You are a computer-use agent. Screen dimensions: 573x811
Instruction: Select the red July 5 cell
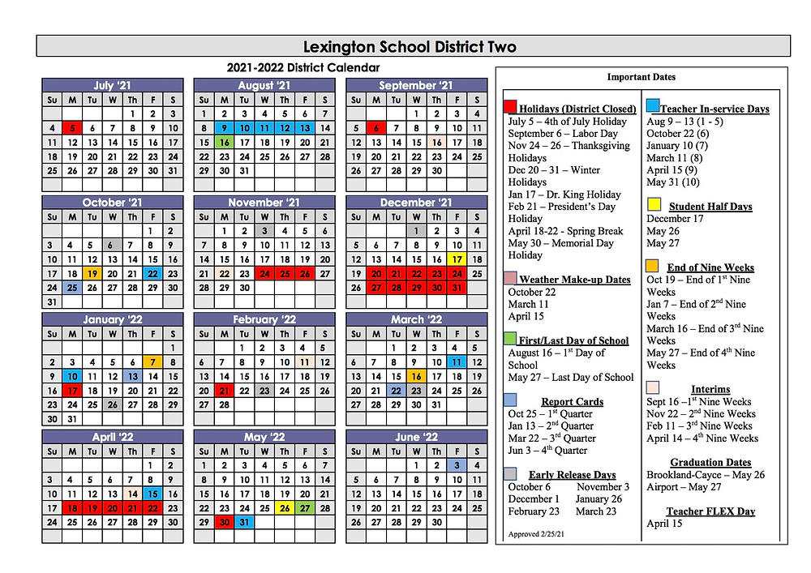point(72,128)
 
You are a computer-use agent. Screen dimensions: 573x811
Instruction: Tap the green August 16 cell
point(225,143)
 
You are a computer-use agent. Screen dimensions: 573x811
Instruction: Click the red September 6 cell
point(376,128)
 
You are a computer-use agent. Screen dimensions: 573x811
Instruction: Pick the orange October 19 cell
point(92,274)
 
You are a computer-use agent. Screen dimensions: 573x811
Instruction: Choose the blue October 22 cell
point(152,274)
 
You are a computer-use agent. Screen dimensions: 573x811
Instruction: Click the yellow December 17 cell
point(457,259)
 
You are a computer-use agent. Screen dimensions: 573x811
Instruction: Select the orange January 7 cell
point(152,362)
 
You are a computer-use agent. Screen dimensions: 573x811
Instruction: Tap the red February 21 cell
point(225,391)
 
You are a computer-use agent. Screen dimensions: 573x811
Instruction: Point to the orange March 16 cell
point(417,377)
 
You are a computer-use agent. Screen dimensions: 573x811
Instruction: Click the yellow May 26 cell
point(285,508)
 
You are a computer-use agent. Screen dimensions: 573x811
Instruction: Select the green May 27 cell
point(304,508)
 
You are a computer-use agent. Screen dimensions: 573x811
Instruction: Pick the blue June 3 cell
point(457,465)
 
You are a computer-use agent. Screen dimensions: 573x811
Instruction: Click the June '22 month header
point(416,437)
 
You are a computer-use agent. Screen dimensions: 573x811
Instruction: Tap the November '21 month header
point(264,203)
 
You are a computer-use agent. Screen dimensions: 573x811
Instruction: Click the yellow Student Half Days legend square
point(654,204)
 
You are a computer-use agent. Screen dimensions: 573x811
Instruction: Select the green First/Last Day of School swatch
point(510,338)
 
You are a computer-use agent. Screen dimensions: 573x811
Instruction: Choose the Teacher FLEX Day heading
point(710,511)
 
